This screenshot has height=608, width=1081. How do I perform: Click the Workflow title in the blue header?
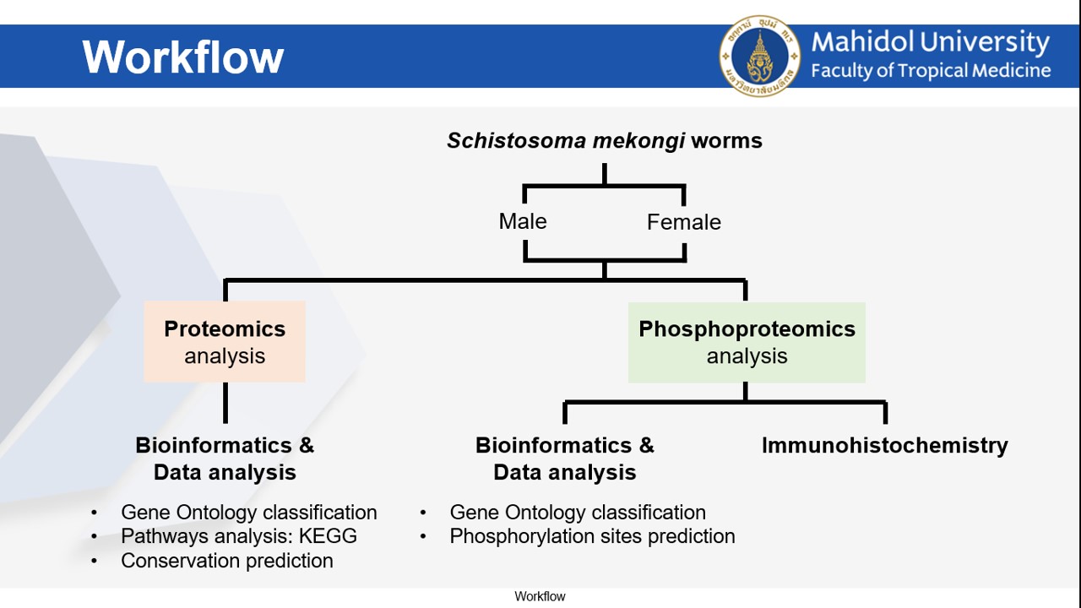[x=183, y=57]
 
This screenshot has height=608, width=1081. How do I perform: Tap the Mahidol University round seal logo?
[x=759, y=56]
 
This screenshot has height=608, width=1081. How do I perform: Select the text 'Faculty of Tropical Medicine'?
[x=931, y=71]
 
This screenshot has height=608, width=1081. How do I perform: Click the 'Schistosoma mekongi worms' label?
[x=604, y=140]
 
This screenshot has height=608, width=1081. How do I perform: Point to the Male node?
[x=523, y=221]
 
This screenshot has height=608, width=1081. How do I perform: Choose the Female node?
[x=683, y=222]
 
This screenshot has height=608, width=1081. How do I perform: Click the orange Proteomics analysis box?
[x=225, y=342]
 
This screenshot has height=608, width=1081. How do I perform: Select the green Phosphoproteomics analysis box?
[x=747, y=342]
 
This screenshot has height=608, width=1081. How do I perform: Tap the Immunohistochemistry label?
[x=884, y=445]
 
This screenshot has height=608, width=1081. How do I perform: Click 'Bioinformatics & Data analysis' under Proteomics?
[x=225, y=458]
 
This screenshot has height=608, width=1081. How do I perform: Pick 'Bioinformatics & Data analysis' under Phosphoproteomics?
[x=564, y=458]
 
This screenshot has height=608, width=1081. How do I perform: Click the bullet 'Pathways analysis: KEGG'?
[x=239, y=536]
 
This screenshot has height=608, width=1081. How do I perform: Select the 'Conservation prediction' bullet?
[x=227, y=561]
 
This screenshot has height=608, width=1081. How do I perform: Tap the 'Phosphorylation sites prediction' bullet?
[x=592, y=536]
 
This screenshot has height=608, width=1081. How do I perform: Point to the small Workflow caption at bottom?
[x=540, y=597]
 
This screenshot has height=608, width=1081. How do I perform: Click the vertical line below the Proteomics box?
[x=225, y=403]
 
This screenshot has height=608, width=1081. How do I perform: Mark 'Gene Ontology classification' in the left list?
[x=249, y=513]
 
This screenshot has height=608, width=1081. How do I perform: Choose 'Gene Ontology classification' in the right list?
[x=578, y=513]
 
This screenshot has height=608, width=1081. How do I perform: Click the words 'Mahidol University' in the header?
[x=930, y=42]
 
